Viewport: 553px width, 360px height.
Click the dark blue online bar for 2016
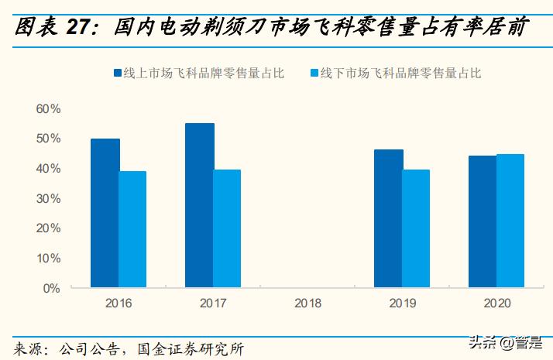[x=105, y=213]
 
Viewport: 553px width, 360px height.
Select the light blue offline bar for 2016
[x=132, y=229]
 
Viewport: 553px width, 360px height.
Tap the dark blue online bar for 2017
[x=199, y=205]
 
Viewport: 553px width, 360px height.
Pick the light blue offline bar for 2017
[x=227, y=228]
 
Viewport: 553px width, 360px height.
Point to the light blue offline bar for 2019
[x=416, y=228]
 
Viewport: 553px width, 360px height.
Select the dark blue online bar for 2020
[x=482, y=221]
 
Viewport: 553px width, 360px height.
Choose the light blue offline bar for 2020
[x=510, y=221]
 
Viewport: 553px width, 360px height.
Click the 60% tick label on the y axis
[x=48, y=109]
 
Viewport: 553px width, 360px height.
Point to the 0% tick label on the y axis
[x=51, y=288]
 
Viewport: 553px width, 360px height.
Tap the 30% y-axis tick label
[x=48, y=198]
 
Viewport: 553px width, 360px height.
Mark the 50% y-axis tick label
[x=48, y=139]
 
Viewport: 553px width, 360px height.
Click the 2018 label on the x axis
[x=307, y=303]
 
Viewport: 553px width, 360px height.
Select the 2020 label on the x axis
[x=496, y=303]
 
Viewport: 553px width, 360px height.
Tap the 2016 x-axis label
[x=118, y=303]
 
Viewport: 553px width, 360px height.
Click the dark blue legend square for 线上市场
[x=118, y=74]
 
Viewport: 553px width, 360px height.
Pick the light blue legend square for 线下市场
[x=314, y=74]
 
